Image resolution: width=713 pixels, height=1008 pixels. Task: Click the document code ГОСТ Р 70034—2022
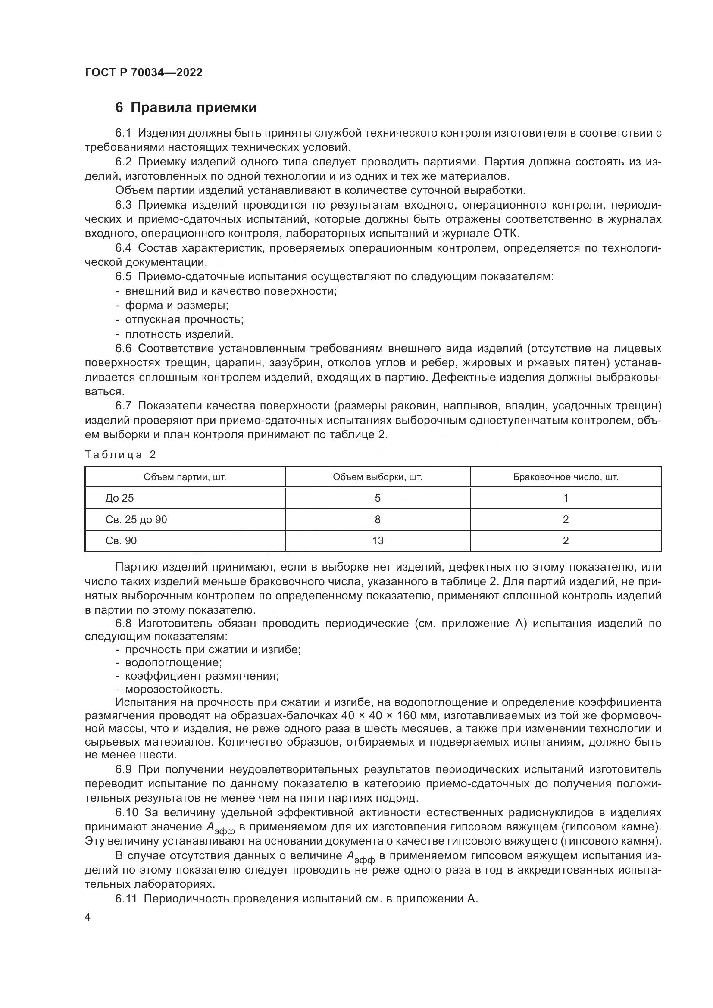click(x=144, y=73)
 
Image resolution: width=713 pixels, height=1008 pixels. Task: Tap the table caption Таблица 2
click(x=120, y=454)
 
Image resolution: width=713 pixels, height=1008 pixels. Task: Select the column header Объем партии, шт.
click(x=185, y=477)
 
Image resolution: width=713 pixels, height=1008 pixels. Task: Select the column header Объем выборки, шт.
click(x=378, y=477)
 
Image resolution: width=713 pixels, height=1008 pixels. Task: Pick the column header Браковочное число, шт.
click(x=566, y=477)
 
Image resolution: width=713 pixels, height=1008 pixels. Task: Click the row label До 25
click(x=119, y=498)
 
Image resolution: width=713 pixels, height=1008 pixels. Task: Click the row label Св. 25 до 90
click(x=136, y=520)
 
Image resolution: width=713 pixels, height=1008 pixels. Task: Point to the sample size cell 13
click(x=378, y=541)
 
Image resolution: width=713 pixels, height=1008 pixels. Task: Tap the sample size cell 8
click(x=378, y=520)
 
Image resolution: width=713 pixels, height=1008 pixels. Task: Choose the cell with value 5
click(x=378, y=498)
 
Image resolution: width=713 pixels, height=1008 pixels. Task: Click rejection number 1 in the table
click(x=566, y=498)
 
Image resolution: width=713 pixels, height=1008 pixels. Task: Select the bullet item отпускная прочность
click(x=184, y=320)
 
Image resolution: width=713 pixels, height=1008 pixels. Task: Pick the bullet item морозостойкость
click(x=174, y=689)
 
